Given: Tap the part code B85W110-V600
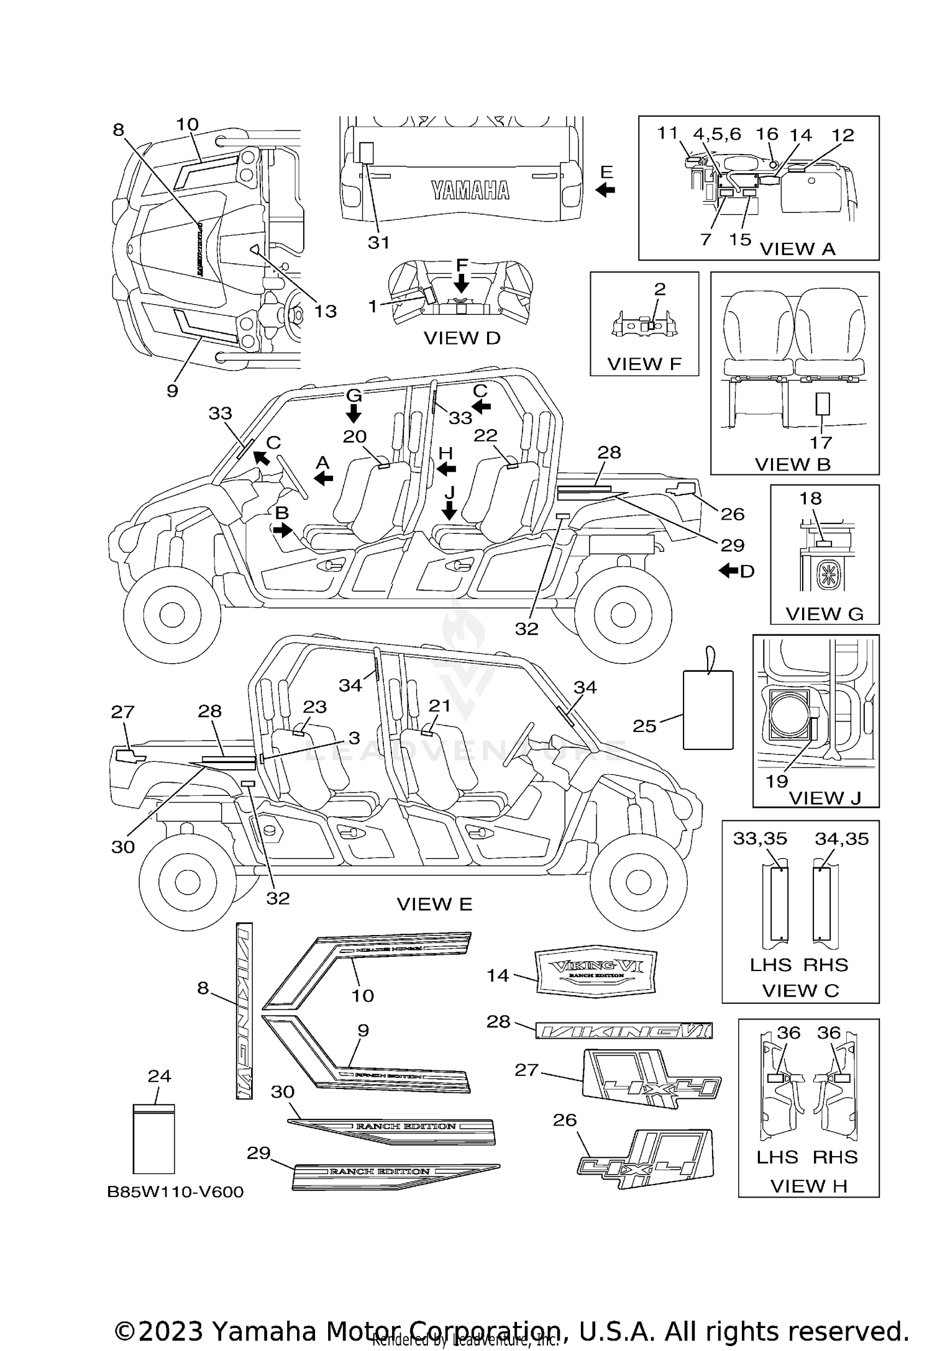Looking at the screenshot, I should (175, 1191).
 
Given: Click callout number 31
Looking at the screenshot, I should (378, 243).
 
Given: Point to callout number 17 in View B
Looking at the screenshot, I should (821, 443).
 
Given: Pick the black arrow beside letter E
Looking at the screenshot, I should (605, 190).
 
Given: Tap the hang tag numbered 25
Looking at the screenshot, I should (708, 709).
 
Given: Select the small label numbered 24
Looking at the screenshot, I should (154, 1138).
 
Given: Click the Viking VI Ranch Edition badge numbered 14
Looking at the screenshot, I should (595, 973).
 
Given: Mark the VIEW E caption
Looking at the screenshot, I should (434, 904).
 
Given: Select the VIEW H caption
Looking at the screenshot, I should (808, 1186).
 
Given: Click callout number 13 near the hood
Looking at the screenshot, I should (325, 311).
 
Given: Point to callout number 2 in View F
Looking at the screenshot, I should (660, 289).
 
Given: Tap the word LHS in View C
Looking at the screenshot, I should (770, 965).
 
